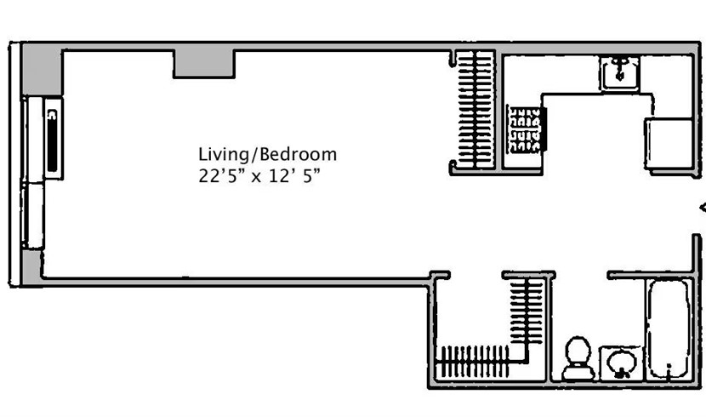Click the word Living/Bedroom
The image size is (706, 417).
click(x=267, y=155)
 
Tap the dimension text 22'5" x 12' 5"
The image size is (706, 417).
click(x=260, y=175)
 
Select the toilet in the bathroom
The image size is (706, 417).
click(x=578, y=358)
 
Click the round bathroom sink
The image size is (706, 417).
click(x=621, y=362)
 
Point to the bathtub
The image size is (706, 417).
click(x=669, y=329)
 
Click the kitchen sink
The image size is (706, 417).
click(x=619, y=73)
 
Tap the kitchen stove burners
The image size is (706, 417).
click(x=524, y=129)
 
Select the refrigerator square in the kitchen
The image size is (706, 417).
click(x=669, y=143)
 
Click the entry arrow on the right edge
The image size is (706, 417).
click(x=703, y=208)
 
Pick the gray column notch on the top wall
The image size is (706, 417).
click(x=204, y=64)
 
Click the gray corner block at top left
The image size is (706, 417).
click(x=42, y=70)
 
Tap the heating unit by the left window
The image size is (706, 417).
click(x=53, y=139)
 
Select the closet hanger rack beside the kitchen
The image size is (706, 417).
click(x=475, y=110)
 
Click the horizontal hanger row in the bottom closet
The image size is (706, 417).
click(x=473, y=362)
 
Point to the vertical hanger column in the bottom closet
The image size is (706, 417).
click(x=527, y=311)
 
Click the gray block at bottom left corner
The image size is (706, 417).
click(x=32, y=267)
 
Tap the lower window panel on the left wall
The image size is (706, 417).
click(x=33, y=214)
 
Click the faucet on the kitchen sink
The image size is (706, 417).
click(x=620, y=68)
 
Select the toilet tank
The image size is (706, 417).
click(x=578, y=373)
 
